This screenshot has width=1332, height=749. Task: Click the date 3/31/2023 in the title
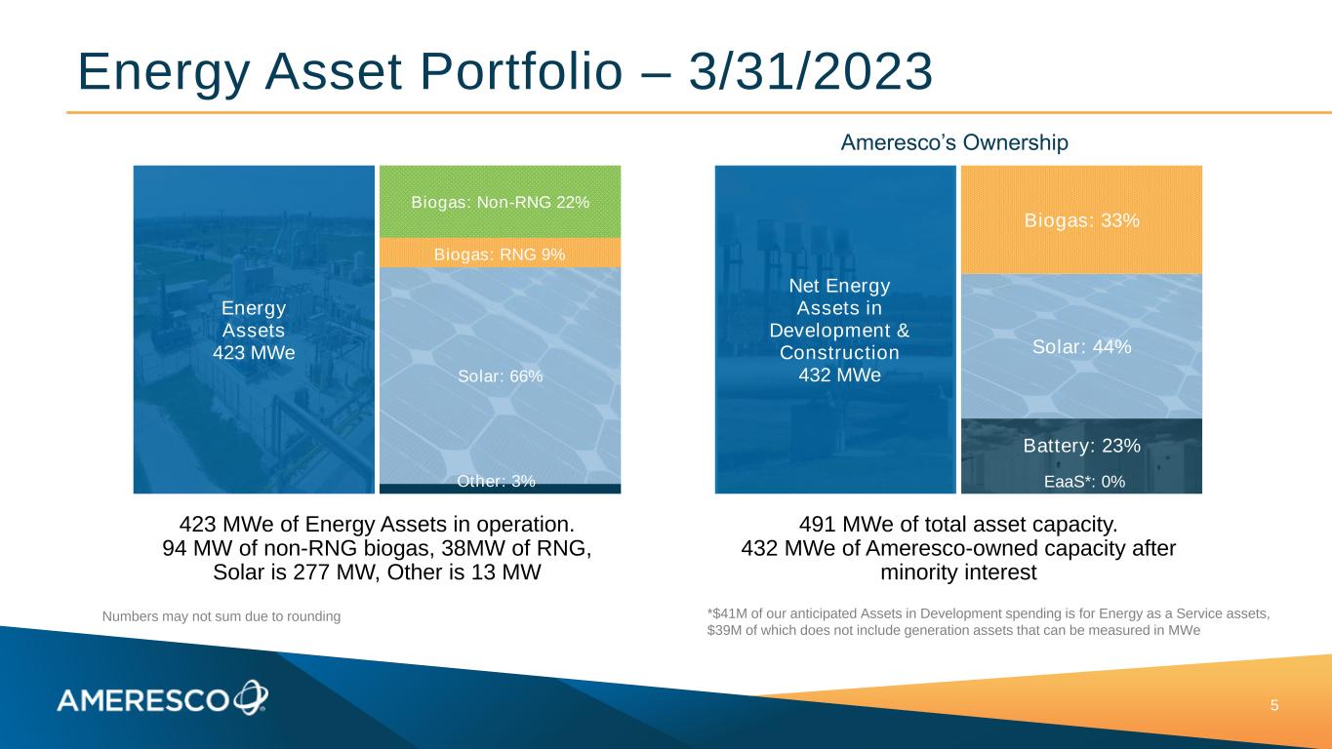(811, 71)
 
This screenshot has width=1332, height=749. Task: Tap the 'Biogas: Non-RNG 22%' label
(500, 203)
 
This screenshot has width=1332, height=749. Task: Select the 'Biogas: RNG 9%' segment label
(500, 255)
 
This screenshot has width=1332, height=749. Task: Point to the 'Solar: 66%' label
(500, 376)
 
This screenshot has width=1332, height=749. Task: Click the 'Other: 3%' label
(496, 481)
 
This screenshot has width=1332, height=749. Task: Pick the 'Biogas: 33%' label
(1081, 220)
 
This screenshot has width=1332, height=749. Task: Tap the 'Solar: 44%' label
(1081, 346)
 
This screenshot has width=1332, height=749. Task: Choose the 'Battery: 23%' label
(1081, 446)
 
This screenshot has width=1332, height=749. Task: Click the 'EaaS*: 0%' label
(1085, 482)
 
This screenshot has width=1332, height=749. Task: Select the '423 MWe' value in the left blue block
(254, 352)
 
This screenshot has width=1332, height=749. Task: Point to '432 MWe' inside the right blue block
(839, 375)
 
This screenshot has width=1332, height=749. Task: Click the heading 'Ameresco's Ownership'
(954, 142)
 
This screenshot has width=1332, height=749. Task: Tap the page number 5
(1274, 706)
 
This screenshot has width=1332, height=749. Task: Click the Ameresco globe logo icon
(251, 697)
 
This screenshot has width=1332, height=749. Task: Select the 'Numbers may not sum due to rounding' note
(222, 616)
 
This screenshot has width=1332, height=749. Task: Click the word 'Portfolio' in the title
(521, 71)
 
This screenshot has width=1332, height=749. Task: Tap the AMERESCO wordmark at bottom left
(142, 701)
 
